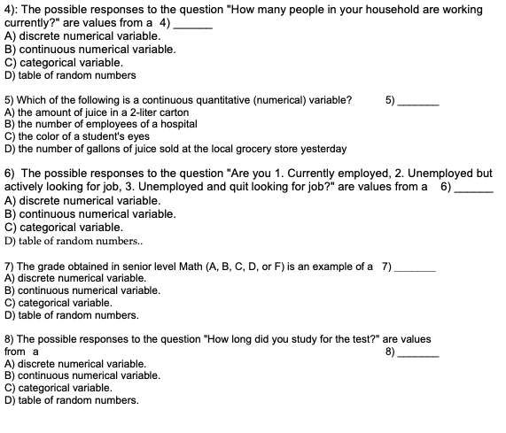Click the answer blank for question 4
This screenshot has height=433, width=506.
click(x=193, y=25)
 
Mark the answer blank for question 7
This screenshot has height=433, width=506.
click(x=415, y=268)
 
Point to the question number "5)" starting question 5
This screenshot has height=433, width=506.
click(x=10, y=100)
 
